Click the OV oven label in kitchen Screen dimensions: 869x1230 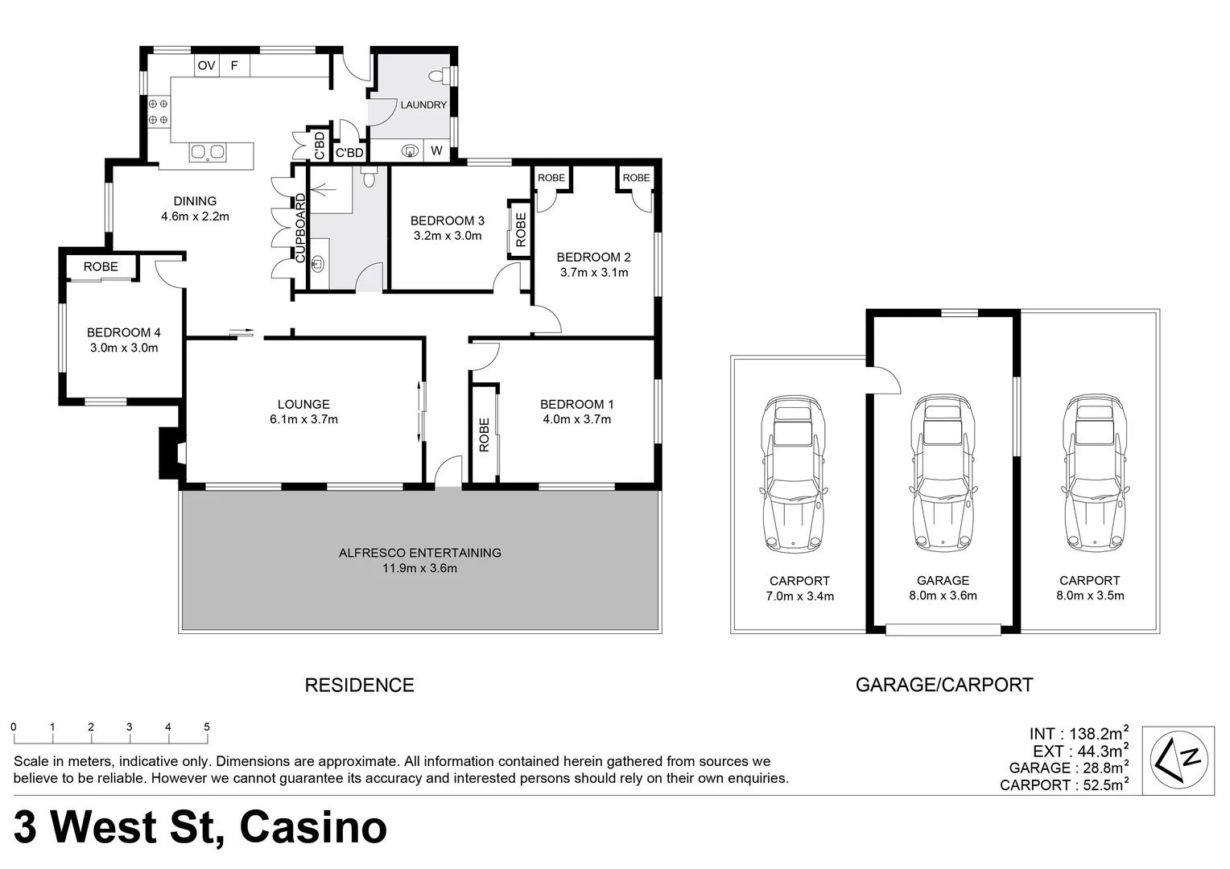(206, 65)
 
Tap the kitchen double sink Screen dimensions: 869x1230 (208, 152)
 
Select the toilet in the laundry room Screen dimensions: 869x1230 (439, 76)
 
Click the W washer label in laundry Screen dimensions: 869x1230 (436, 150)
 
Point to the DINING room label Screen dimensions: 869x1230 (195, 201)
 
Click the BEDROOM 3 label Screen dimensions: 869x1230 (447, 220)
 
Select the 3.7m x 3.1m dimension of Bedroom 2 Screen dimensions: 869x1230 (593, 273)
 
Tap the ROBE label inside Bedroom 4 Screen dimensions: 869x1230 (101, 266)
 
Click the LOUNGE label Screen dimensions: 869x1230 (303, 404)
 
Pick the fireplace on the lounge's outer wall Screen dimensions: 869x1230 (171, 454)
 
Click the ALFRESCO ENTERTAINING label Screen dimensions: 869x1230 (419, 553)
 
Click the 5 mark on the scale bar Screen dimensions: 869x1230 (207, 727)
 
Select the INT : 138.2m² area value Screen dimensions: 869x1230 (1078, 734)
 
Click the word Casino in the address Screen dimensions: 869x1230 (313, 827)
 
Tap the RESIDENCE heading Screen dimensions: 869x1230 (359, 686)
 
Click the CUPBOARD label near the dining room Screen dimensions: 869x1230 (301, 229)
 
